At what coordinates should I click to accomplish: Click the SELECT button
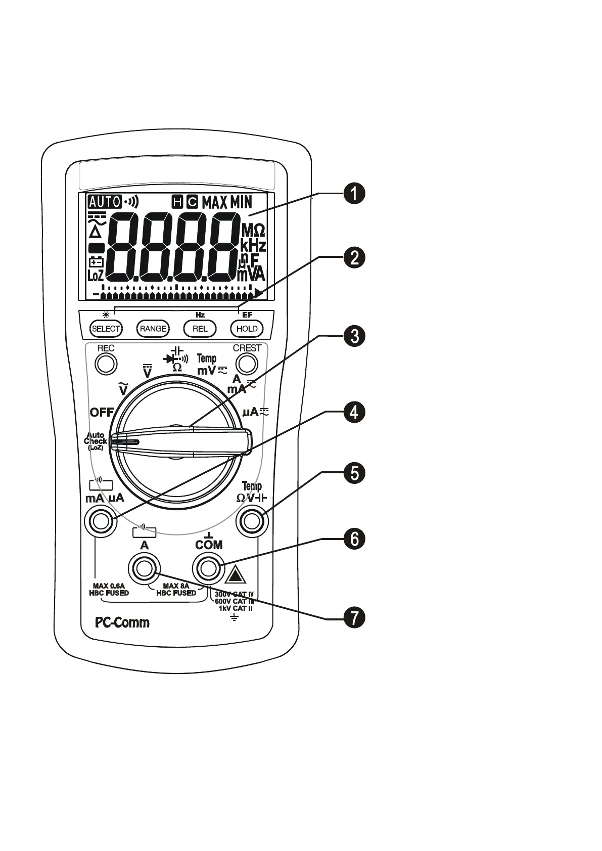[x=106, y=329]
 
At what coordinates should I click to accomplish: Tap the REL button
[x=200, y=329]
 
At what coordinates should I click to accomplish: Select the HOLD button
[x=247, y=329]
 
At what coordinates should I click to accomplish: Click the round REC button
[x=106, y=364]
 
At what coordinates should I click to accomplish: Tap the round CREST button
[x=247, y=364]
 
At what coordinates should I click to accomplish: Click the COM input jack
[x=207, y=569]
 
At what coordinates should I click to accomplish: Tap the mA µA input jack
[x=101, y=521]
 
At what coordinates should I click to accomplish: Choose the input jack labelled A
[x=145, y=569]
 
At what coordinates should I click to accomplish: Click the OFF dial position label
[x=102, y=412]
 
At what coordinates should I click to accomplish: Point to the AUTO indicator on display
[x=104, y=202]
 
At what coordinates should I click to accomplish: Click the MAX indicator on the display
[x=215, y=203]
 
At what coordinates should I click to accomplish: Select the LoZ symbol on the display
[x=96, y=276]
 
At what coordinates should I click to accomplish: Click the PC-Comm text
[x=122, y=622]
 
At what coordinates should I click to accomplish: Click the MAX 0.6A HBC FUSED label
[x=109, y=590]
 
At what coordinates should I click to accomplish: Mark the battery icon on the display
[x=96, y=261]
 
